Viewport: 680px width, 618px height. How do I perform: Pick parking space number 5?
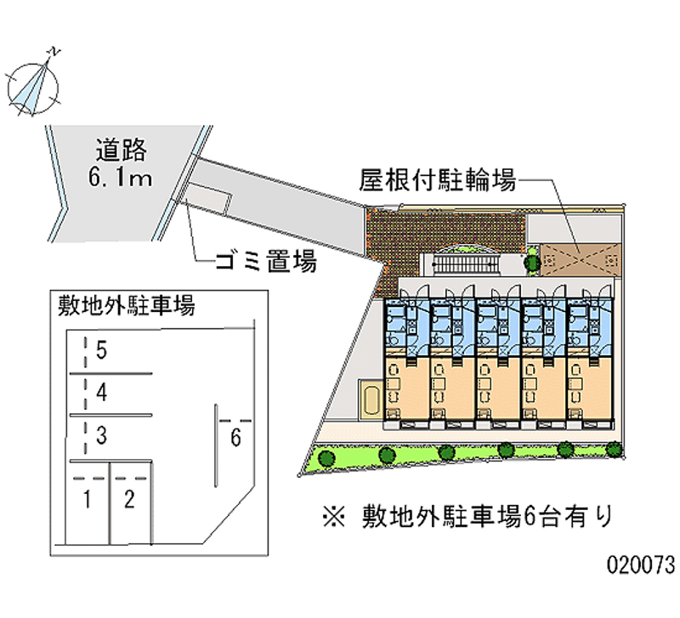101,349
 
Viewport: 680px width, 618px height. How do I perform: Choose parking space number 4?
101,393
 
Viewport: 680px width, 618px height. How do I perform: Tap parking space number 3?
101,437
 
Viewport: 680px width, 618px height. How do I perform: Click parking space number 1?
87,499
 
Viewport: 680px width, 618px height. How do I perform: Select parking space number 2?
129,499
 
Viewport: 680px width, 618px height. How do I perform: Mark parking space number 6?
236,439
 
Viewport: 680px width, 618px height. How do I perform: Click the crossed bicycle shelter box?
578,256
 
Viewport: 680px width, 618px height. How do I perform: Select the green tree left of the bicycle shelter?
531,262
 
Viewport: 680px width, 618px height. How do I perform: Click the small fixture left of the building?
371,400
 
